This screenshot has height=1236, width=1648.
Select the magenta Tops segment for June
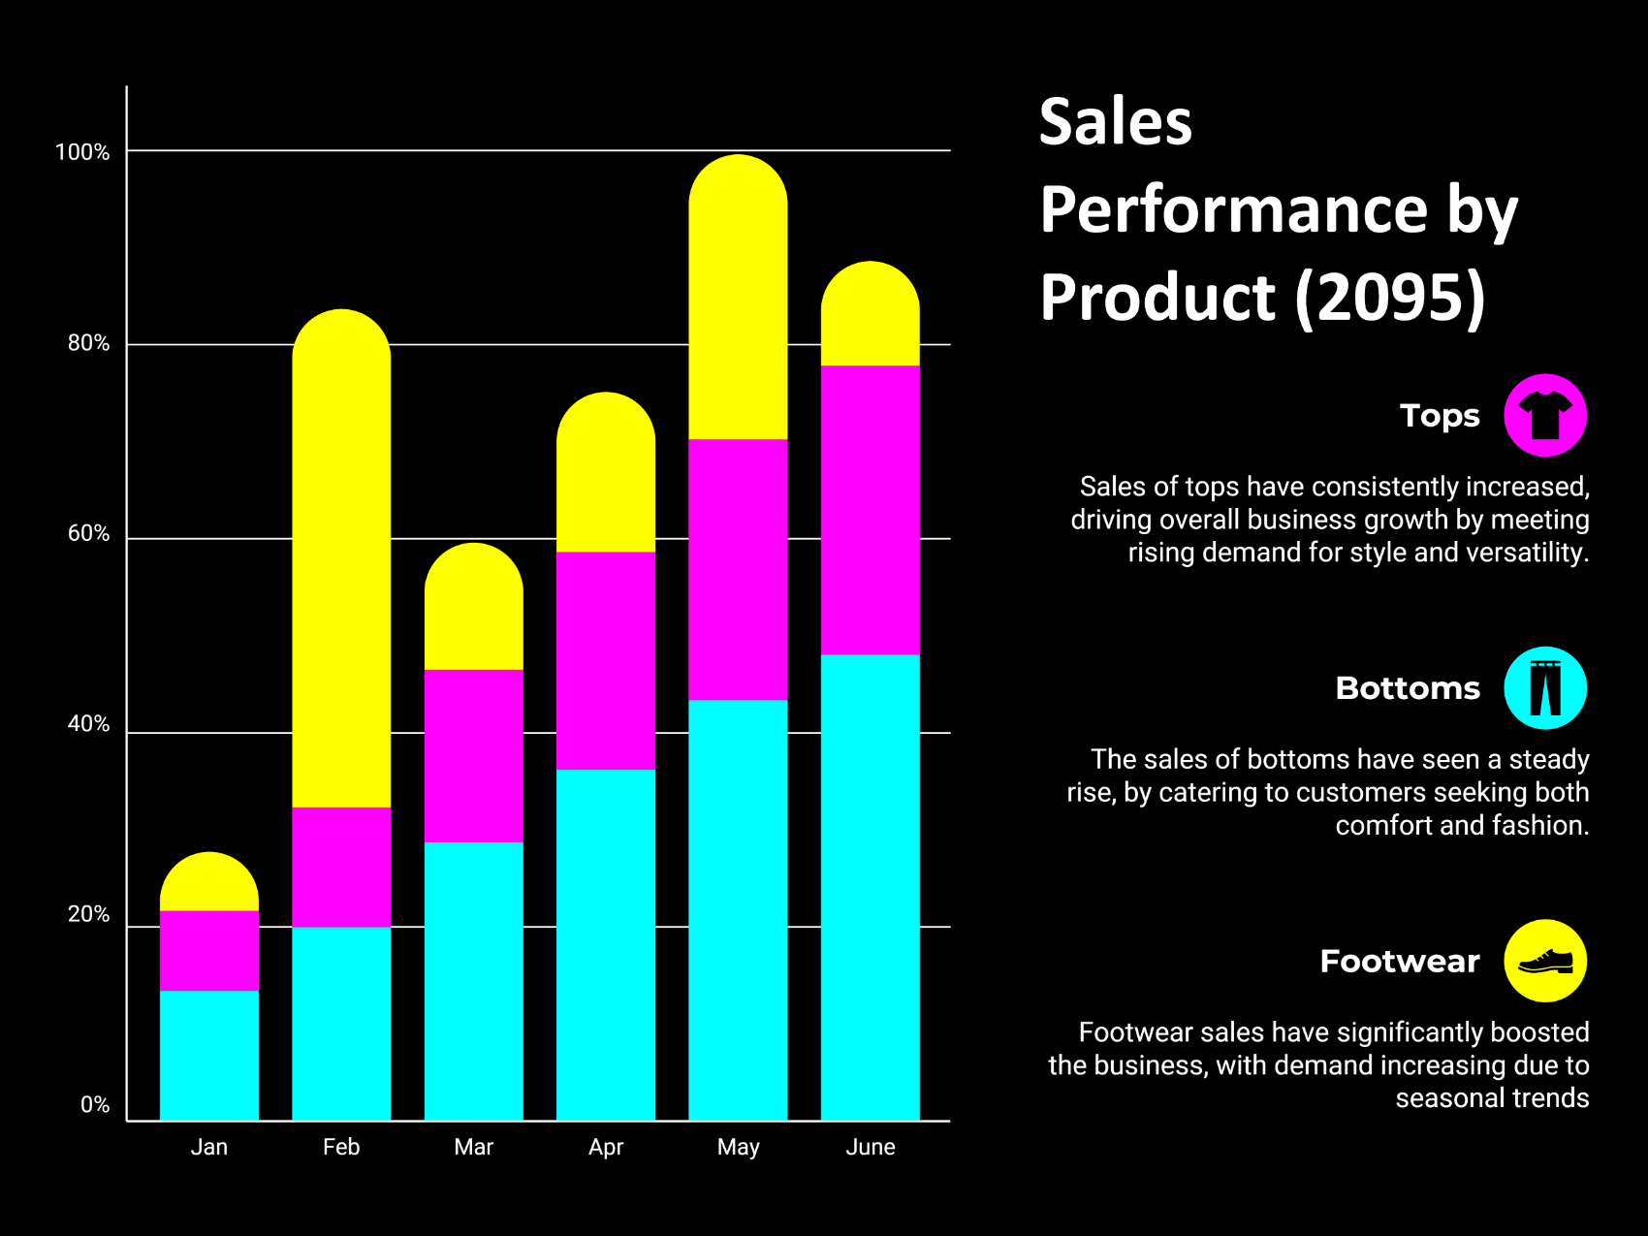tap(870, 510)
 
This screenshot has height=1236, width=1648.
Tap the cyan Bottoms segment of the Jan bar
tap(209, 1055)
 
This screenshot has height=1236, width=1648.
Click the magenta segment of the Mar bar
tap(473, 755)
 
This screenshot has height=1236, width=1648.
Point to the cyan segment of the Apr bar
tap(606, 945)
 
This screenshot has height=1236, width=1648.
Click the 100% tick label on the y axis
tap(82, 152)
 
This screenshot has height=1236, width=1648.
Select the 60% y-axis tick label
tap(88, 534)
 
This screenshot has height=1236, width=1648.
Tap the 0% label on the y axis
tap(95, 1105)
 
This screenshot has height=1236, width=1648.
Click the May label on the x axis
tap(738, 1148)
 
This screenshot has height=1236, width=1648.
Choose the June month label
tap(870, 1148)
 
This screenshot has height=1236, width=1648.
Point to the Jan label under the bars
tap(209, 1148)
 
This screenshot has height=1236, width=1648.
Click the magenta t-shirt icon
tap(1544, 416)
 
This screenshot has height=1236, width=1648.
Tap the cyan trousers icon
tap(1544, 688)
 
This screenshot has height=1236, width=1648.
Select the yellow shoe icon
tap(1544, 961)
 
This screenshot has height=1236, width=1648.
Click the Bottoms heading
tap(1407, 688)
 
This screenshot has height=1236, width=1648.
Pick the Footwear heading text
tap(1399, 961)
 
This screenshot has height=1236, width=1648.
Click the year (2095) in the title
tap(1389, 297)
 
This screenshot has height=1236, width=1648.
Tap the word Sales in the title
tap(1115, 122)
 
